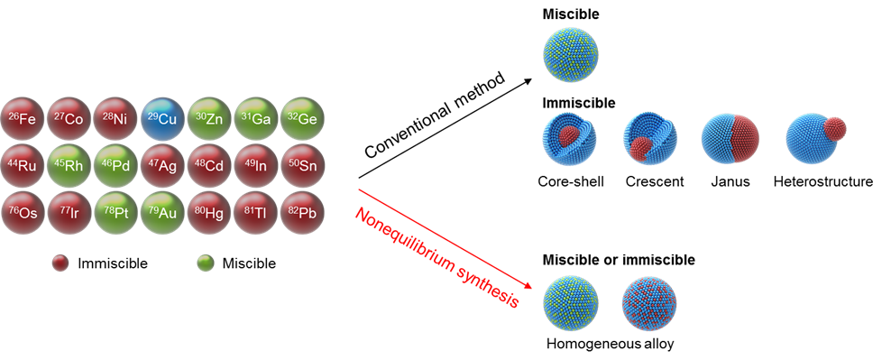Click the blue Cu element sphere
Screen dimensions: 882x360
[x=163, y=119]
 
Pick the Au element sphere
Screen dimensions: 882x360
[x=163, y=213]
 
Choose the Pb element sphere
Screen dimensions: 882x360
[x=302, y=213]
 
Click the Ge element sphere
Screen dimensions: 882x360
[x=302, y=119]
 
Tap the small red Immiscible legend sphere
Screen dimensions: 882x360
[x=60, y=263]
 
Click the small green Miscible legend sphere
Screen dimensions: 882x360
[x=206, y=263]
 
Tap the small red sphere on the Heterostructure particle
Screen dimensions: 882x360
[x=833, y=129]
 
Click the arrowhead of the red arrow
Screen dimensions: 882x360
[x=528, y=288]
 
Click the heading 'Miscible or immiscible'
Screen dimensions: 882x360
[x=618, y=261]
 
